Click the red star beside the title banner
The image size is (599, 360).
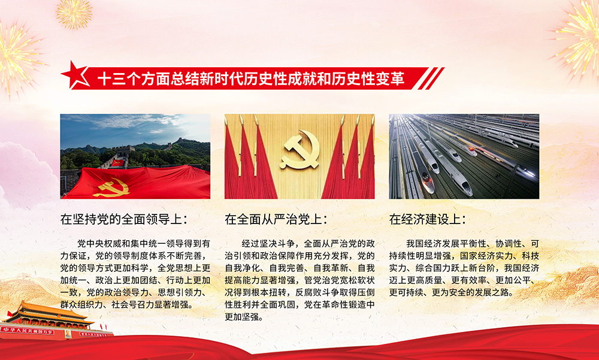(75, 75)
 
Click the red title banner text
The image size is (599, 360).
(250, 78)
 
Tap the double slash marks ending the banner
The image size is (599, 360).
(431, 78)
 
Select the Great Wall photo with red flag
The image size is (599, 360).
(135, 156)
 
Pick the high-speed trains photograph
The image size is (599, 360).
(464, 156)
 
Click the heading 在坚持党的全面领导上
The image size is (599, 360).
(124, 219)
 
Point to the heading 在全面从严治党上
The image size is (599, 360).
(276, 219)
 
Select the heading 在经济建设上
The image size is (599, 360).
(428, 219)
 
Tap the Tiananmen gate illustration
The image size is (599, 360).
(48, 321)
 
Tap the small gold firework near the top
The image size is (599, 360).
(74, 14)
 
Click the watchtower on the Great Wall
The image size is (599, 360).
(125, 150)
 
